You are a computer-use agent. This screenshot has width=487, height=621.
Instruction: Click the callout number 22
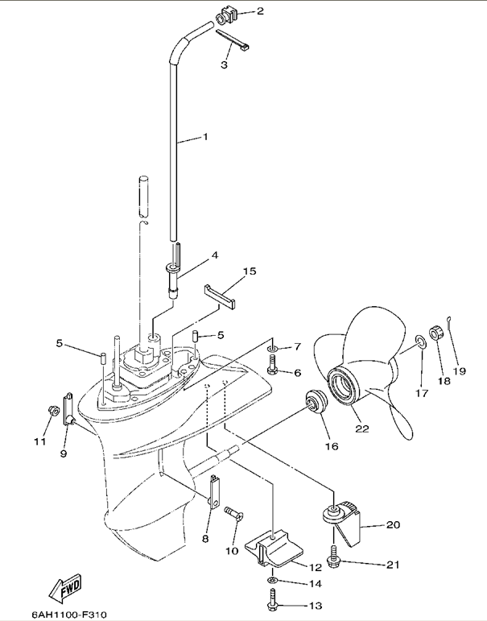[x=362, y=428]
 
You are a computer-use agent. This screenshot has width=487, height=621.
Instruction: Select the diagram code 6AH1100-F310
[x=69, y=615]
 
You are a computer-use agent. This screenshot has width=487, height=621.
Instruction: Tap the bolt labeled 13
[x=271, y=599]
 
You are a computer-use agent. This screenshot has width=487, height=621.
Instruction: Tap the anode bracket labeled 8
[x=214, y=492]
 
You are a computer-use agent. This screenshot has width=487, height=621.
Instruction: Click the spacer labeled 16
[x=315, y=402]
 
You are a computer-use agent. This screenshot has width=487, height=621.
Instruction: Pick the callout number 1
[x=204, y=136]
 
